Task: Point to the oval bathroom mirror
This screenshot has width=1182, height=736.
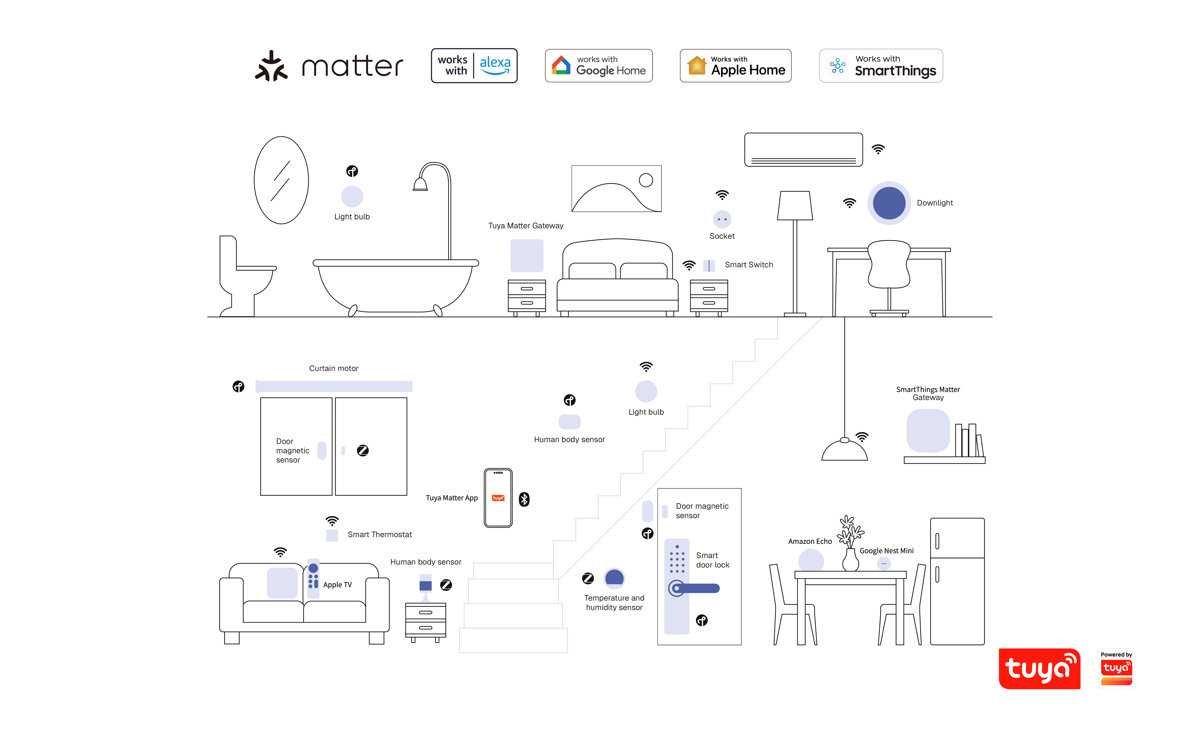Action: [281, 180]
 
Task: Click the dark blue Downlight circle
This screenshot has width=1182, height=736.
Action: [889, 203]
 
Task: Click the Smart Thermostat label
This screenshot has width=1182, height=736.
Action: [380, 534]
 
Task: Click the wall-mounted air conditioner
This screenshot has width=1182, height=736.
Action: [803, 149]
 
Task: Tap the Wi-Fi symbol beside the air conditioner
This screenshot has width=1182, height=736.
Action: [878, 149]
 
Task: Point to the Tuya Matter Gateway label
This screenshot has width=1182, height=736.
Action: [526, 226]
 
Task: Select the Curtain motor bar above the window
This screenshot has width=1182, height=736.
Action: [334, 386]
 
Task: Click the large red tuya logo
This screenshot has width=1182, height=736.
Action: [1039, 669]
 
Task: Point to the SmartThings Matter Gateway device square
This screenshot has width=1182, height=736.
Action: [928, 431]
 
